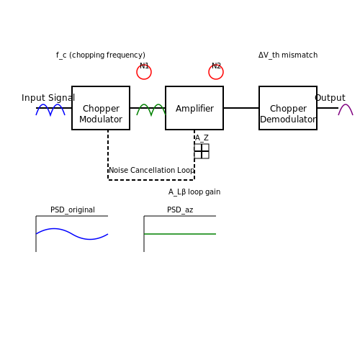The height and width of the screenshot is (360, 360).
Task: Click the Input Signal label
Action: (x=48, y=98)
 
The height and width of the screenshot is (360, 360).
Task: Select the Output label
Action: (x=330, y=98)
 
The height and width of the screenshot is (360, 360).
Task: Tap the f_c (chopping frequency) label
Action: (x=101, y=55)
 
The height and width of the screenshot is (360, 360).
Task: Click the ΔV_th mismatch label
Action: (x=288, y=55)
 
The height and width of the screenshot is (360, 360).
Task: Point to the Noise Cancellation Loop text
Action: (x=151, y=170)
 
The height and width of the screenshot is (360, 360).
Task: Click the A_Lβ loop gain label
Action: (x=194, y=192)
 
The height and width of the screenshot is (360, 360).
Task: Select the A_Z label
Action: (x=202, y=138)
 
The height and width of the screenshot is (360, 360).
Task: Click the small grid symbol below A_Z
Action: (x=202, y=151)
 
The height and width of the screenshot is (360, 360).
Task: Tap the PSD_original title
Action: (x=73, y=210)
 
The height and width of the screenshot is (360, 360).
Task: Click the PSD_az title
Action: (x=180, y=210)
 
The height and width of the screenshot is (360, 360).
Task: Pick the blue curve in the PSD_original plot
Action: (x=72, y=234)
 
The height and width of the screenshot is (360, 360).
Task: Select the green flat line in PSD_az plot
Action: (x=180, y=234)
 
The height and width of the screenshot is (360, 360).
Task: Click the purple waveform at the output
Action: (x=346, y=104)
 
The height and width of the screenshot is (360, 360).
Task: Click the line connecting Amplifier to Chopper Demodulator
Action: (x=241, y=108)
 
